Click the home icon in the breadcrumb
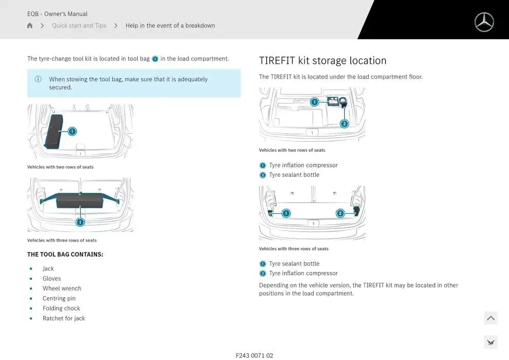[x=30, y=26]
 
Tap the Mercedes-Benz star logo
[x=484, y=22]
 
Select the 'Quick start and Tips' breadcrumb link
[x=79, y=26]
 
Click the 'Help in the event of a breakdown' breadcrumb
[x=170, y=26]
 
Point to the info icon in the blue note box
[x=38, y=79]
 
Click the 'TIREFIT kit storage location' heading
[x=323, y=61]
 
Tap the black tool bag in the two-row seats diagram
[x=53, y=132]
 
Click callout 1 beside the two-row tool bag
[x=72, y=132]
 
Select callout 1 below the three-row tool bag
[x=80, y=222]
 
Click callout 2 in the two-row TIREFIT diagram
[x=344, y=123]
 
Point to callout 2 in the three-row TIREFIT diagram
[x=340, y=213]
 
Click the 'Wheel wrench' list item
[x=62, y=289]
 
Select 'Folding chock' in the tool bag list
[x=61, y=309]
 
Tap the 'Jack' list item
[x=48, y=268]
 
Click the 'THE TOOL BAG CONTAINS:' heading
[x=65, y=255]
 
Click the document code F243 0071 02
[x=254, y=356]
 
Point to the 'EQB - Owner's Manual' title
[x=58, y=14]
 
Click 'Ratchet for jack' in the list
[x=64, y=318]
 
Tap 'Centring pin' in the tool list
[x=59, y=298]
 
